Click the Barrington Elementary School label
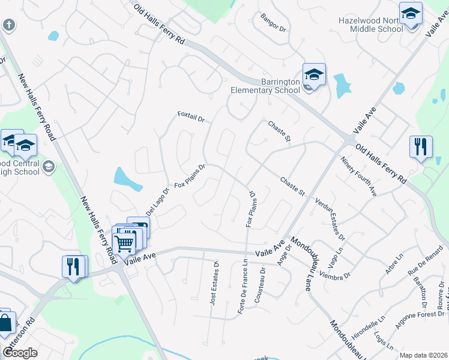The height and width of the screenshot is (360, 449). pyautogui.click(x=265, y=86)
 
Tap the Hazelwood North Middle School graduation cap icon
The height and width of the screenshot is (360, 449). pyautogui.click(x=411, y=13)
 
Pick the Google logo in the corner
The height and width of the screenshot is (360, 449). pyautogui.click(x=20, y=353)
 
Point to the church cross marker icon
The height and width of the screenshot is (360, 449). pyautogui.click(x=8, y=25)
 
